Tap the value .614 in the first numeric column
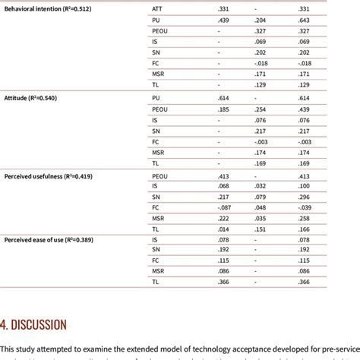[223, 99]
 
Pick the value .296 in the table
[305, 196]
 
